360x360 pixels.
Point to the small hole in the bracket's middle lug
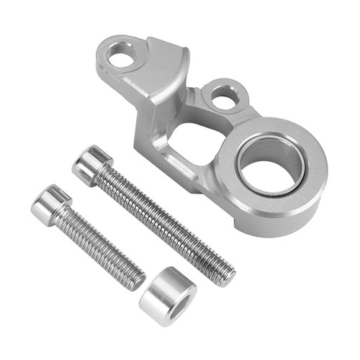click(x=225, y=96)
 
